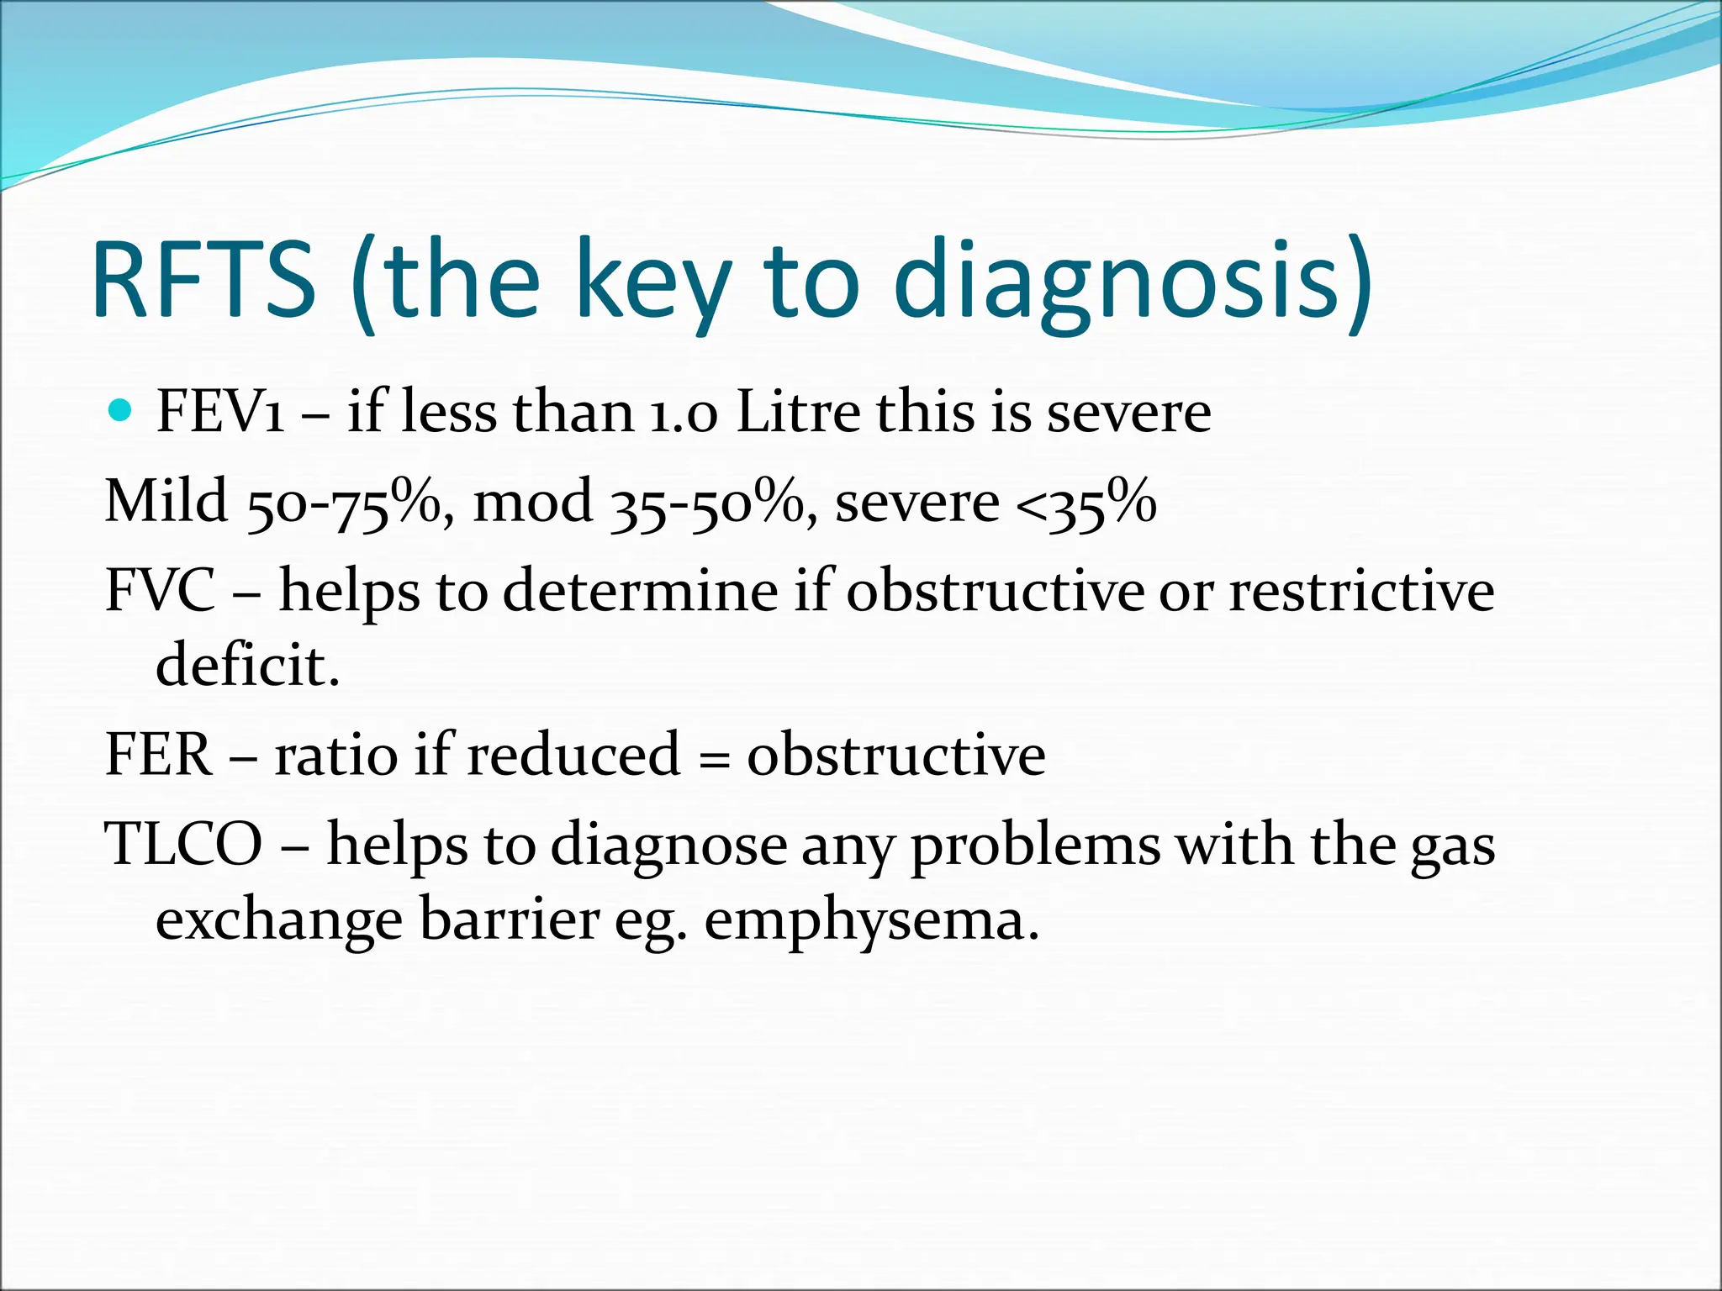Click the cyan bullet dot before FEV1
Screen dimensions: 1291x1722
(121, 411)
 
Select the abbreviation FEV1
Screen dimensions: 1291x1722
(220, 413)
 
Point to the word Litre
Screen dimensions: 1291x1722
(798, 413)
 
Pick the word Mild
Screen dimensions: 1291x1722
(166, 501)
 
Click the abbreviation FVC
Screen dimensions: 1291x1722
(160, 590)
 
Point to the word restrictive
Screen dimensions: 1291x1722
(1361, 590)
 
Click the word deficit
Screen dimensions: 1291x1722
(247, 665)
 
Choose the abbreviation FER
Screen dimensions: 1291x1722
(158, 754)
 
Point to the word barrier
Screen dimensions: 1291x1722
(509, 919)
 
